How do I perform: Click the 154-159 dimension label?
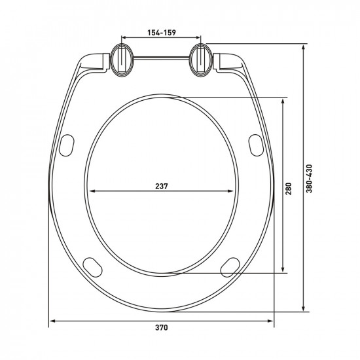coord(162,33)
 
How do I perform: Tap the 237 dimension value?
coord(162,186)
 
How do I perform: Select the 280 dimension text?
coord(289,189)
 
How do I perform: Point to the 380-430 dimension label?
coord(309,179)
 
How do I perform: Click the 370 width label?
coord(162,328)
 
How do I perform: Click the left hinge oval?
coord(122,60)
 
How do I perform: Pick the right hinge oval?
coord(201,60)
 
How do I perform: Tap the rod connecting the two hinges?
coord(162,58)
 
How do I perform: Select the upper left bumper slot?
coord(67,145)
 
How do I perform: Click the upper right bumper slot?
coord(256,145)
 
